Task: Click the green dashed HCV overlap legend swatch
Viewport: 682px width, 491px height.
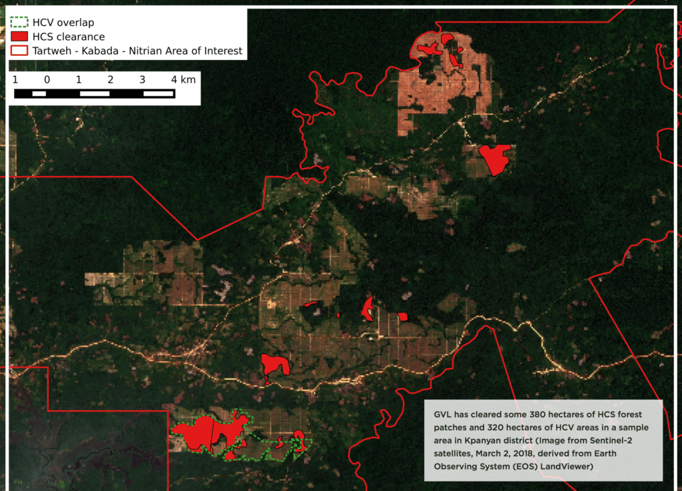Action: [x=19, y=23]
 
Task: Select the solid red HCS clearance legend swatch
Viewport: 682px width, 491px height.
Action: [x=19, y=36]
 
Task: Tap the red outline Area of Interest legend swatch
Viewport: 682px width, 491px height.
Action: [x=19, y=50]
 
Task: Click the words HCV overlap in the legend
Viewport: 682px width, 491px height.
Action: [x=63, y=23]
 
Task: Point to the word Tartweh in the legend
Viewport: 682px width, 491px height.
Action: [x=53, y=50]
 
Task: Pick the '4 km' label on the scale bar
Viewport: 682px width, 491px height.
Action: [x=182, y=79]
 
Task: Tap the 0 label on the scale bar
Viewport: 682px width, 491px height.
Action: [x=47, y=79]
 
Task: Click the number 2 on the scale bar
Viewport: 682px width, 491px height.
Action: [x=111, y=79]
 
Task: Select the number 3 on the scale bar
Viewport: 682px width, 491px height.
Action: [x=143, y=79]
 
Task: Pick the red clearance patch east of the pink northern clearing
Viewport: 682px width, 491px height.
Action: [x=495, y=159]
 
